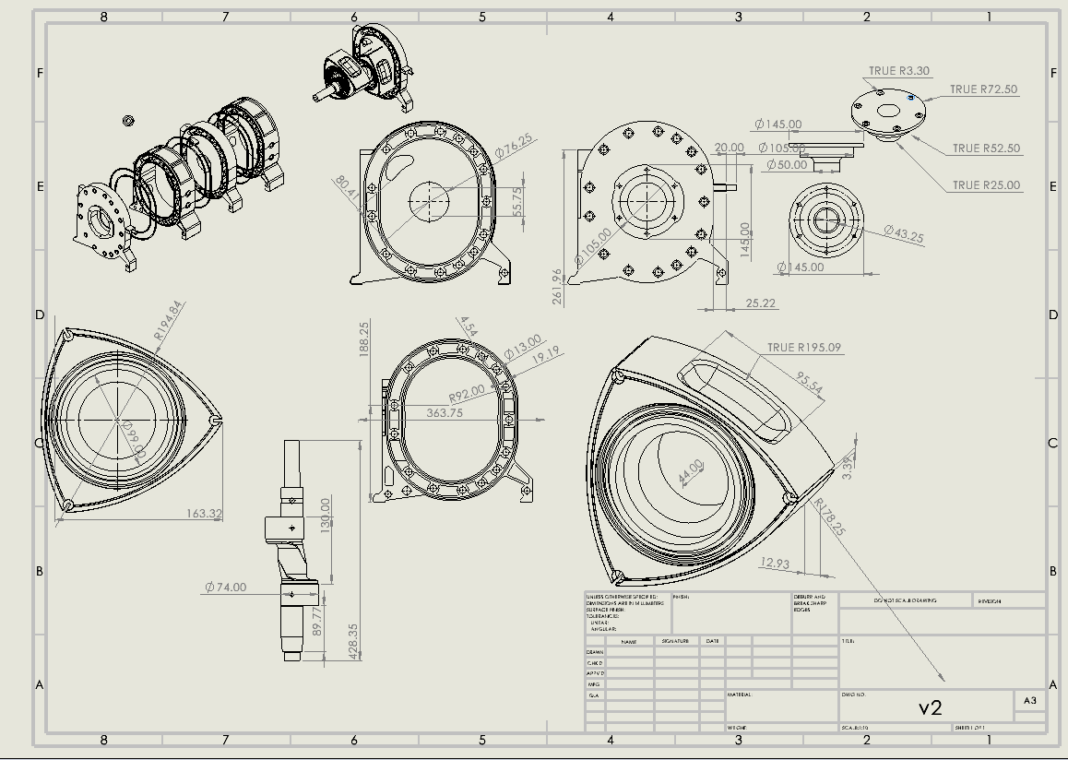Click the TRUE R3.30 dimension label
point(899,71)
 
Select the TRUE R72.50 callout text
point(983,89)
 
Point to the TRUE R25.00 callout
point(986,185)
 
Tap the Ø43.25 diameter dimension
point(903,234)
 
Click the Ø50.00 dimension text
point(787,165)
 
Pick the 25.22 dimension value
point(760,303)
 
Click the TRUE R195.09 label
point(804,348)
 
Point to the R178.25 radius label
point(830,517)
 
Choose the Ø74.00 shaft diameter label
point(225,587)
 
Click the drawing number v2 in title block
point(930,707)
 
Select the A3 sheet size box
point(1029,701)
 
